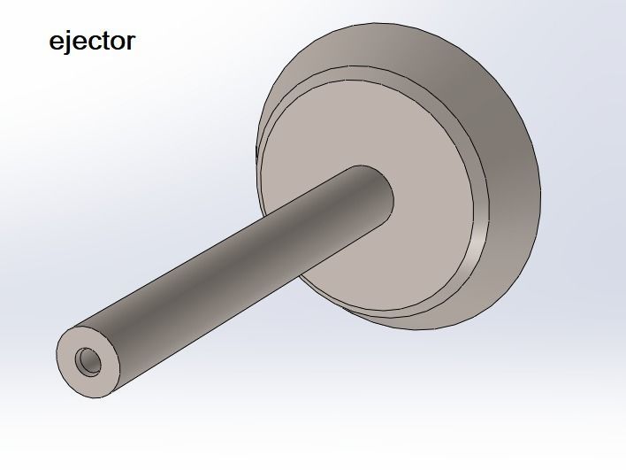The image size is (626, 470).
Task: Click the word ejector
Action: pos(91,42)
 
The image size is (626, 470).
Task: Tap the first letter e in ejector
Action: pos(57,42)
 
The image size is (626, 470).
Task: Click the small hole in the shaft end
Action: pos(89,360)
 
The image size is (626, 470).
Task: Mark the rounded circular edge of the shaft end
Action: pos(59,372)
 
